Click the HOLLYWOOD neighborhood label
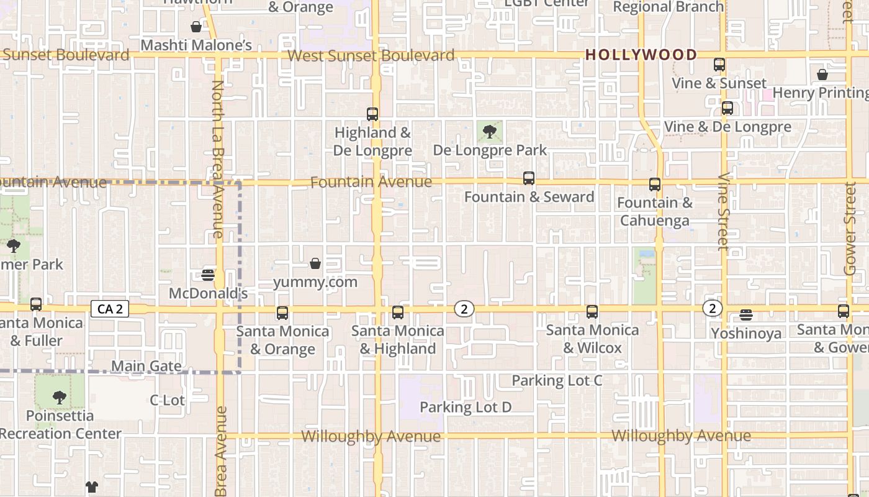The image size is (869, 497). click(641, 55)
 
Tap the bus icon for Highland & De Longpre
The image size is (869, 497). click(372, 114)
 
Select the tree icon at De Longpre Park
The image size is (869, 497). click(490, 131)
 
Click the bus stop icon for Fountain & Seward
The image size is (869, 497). click(529, 178)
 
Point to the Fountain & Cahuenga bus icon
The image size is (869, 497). click(655, 185)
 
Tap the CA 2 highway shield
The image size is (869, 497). click(110, 309)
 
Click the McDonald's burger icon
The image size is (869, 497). click(208, 275)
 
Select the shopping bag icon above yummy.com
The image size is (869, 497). click(315, 263)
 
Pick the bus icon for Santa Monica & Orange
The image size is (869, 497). click(282, 313)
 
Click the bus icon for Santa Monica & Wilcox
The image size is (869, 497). click(592, 312)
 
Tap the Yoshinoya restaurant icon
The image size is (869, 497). click(746, 315)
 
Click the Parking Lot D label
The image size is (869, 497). click(466, 408)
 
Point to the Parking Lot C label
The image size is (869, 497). click(557, 380)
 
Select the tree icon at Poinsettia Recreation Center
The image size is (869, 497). click(60, 397)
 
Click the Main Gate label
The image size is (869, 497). click(146, 366)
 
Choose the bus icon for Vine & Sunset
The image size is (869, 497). click(719, 65)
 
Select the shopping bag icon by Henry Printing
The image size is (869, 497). click(822, 75)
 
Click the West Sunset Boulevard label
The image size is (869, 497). click(371, 55)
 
